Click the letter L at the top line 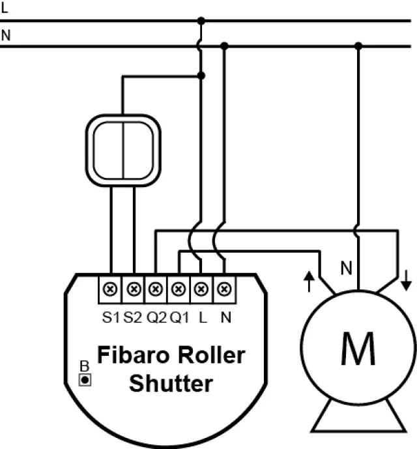(x=5, y=8)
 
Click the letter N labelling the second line (x=6, y=35)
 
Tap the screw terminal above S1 (x=111, y=287)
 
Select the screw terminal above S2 (x=134, y=287)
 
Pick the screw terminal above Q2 (x=156, y=287)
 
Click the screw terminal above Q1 (x=179, y=287)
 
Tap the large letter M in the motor (x=358, y=351)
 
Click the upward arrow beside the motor (x=308, y=281)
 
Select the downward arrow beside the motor (x=407, y=281)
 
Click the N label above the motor (x=347, y=268)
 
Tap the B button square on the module (x=84, y=378)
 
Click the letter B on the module (x=84, y=365)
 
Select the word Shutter (x=171, y=383)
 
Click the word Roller (x=212, y=355)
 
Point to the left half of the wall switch (x=109, y=149)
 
